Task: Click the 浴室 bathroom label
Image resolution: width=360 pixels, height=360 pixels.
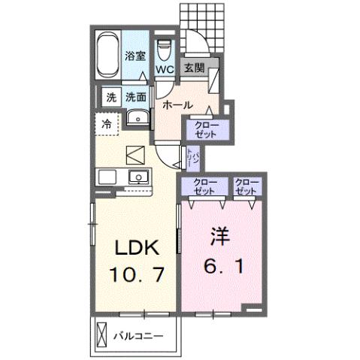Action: point(135,55)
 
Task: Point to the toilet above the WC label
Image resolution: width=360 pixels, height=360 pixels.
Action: point(164,47)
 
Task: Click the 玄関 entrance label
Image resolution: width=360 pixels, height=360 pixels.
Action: point(193,68)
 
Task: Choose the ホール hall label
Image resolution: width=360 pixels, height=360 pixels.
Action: point(178,104)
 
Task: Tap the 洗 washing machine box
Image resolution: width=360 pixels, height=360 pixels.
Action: point(110,96)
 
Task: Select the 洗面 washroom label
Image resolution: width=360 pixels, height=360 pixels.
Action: point(135,96)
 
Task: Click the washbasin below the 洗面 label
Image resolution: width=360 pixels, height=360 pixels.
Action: point(137,119)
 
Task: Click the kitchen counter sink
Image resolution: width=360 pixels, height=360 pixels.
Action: point(138,177)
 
